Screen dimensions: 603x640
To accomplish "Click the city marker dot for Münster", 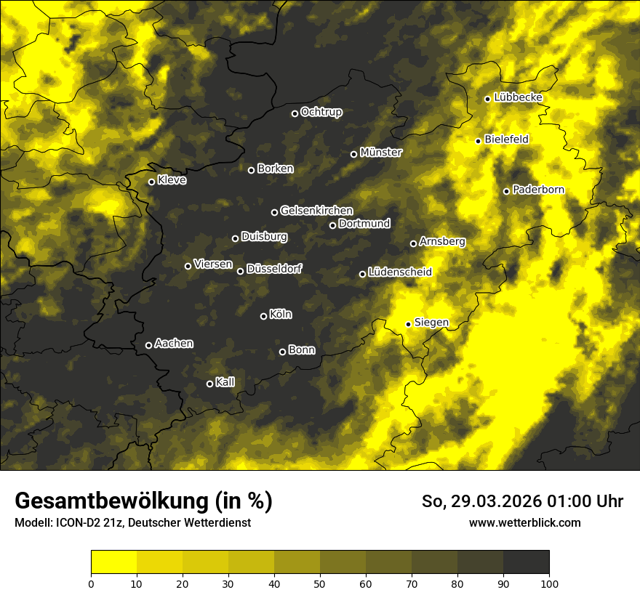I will [x=354, y=154].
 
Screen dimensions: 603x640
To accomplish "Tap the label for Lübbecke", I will [x=518, y=98].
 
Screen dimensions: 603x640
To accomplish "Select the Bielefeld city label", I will [x=506, y=139].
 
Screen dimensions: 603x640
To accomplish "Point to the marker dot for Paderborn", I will [x=507, y=191].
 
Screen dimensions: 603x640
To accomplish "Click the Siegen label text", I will [x=431, y=323].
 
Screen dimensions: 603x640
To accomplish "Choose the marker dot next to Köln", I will [x=264, y=316].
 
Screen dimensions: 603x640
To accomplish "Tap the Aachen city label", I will [x=174, y=344].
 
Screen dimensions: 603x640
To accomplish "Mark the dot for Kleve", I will [x=152, y=182].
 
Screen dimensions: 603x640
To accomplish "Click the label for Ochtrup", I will [x=321, y=113].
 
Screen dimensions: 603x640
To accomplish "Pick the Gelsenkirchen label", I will [x=316, y=211].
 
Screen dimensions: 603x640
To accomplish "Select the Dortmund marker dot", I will [x=333, y=225].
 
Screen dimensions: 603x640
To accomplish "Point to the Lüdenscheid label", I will [x=400, y=272].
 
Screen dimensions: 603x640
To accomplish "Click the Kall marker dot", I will [x=210, y=384].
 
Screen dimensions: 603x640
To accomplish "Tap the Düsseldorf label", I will [x=274, y=270].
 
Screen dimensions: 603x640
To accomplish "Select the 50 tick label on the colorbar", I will [x=320, y=583].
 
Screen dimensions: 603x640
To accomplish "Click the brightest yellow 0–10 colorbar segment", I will [x=114, y=562].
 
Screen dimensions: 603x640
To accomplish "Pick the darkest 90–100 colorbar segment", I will [x=526, y=562].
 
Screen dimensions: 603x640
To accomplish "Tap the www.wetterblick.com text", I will [x=525, y=523].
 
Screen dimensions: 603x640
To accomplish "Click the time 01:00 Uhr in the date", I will [x=585, y=502].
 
